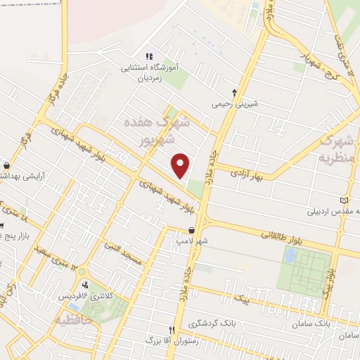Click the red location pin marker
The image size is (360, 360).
[181, 166]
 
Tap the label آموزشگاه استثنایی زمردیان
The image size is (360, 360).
[153, 74]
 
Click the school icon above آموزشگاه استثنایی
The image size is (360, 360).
[148, 57]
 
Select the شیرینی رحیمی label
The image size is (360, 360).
[236, 103]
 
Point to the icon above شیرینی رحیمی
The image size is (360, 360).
[235, 92]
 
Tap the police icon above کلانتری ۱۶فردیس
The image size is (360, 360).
[86, 285]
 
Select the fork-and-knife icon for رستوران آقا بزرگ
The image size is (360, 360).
[171, 329]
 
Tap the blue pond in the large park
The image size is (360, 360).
[289, 255]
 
